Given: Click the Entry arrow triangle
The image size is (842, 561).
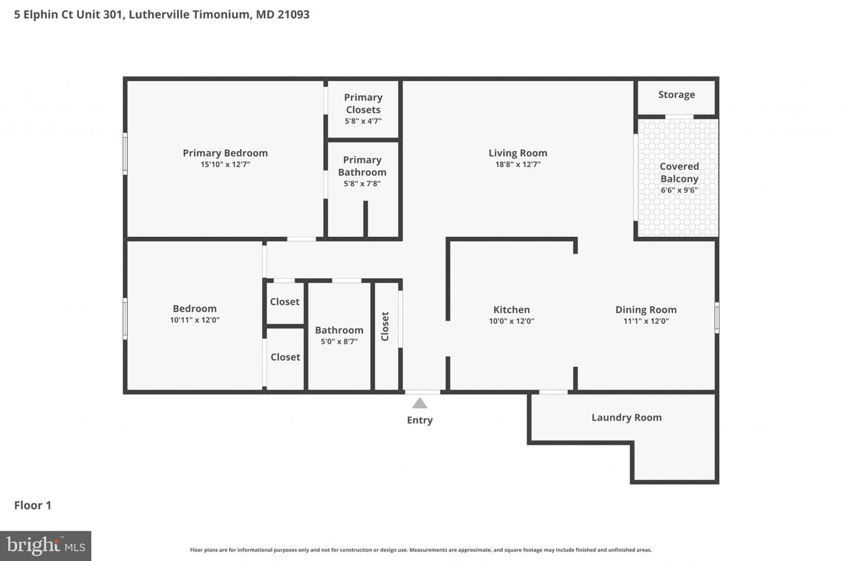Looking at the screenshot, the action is coord(419,404).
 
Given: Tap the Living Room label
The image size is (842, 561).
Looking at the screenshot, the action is coord(517,153).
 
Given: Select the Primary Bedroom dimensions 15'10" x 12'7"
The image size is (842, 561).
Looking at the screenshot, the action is coord(225,164).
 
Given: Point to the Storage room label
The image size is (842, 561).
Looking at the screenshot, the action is coord(676,95).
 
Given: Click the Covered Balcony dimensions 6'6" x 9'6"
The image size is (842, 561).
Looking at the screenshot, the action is coord(679,190).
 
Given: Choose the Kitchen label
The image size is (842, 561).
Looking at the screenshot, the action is coord(511,310).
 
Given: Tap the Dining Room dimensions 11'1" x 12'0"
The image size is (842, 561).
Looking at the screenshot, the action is coord(646,321).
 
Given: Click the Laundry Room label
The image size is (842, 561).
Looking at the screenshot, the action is coord(627,417).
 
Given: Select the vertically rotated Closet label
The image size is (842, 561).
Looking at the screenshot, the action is coord(385,326).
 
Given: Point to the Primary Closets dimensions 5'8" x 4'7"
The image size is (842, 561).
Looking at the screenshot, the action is coord(363,121).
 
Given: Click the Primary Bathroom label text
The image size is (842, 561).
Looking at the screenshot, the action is coord(362,166).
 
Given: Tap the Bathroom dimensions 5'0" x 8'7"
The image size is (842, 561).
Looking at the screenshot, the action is coord(339,341).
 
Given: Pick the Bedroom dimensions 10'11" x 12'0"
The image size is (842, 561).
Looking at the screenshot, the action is coord(195,320).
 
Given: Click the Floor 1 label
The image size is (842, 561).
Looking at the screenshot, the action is coord(33,505).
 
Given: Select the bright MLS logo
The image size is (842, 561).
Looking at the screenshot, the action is coord(46,546).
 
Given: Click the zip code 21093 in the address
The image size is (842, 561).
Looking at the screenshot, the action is coord(294,14).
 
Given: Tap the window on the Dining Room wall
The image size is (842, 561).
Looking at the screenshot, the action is coord(717,317).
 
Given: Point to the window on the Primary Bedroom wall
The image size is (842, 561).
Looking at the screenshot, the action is coord(125,153).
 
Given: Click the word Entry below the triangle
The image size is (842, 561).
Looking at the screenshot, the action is coord(419,420).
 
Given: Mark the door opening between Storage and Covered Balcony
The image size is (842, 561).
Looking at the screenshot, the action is coord(679,117).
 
